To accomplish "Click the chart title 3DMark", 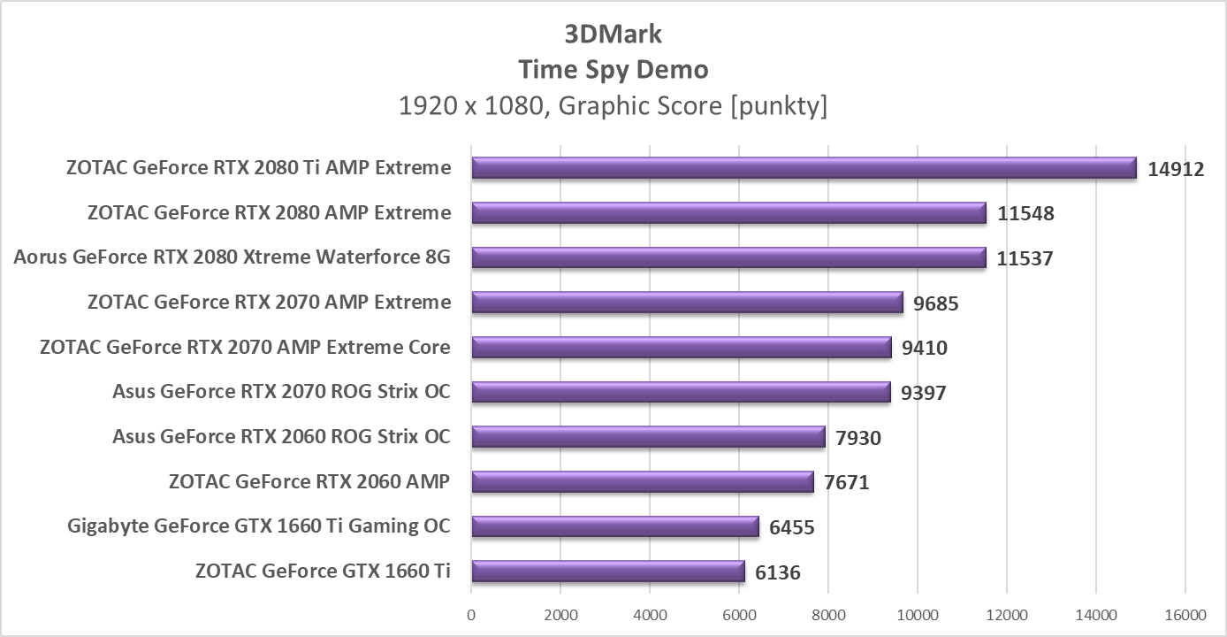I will click(613, 34).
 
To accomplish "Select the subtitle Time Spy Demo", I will click(613, 69).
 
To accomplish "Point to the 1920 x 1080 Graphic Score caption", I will click(613, 106).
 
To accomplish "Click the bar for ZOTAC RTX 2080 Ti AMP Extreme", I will click(804, 168).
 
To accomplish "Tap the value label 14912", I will click(1176, 169).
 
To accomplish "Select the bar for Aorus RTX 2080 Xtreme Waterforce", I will click(728, 257).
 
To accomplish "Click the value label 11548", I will click(1025, 213).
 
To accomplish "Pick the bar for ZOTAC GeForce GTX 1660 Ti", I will click(608, 572).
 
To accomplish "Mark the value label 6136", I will click(778, 572).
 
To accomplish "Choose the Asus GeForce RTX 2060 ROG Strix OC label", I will click(281, 436).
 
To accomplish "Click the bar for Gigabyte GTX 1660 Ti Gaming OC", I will click(615, 526).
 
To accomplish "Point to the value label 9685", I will click(936, 303).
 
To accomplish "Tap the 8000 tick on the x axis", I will click(828, 615).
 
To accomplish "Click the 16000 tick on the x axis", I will click(1185, 615).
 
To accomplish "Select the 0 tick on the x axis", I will click(471, 615).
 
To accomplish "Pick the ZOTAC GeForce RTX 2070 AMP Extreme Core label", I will click(245, 347).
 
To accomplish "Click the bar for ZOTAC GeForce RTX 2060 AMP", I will click(643, 481).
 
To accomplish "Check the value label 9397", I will click(924, 393).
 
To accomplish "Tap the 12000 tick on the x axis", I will click(1006, 615).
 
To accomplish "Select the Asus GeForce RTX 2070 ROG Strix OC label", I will click(281, 391).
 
